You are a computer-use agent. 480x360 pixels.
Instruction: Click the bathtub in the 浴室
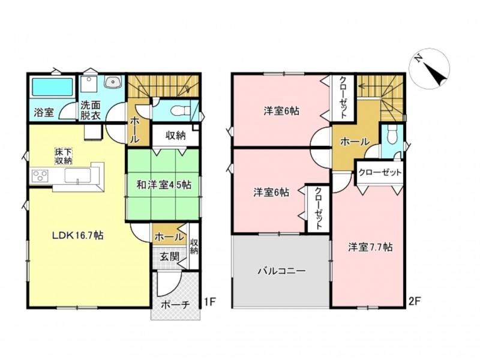pos(52,87)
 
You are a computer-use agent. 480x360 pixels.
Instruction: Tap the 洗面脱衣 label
pos(91,110)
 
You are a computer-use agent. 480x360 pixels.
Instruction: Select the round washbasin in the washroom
pos(113,82)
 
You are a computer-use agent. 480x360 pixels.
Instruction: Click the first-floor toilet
pos(178,110)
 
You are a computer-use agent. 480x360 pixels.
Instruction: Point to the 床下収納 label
pos(64,156)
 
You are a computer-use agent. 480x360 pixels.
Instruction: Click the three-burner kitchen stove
pos(40,176)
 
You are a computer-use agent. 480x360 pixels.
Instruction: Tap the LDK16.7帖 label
pos(77,235)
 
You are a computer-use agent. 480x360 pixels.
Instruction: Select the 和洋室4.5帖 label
pos(164,185)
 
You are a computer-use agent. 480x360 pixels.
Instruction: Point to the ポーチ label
pos(175,305)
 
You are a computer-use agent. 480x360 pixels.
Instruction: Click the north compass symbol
pos(430,68)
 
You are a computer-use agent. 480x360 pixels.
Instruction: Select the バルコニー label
pos(281,271)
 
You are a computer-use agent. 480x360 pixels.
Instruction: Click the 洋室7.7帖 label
pos(370,247)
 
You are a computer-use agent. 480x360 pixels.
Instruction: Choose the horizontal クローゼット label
pos(380,172)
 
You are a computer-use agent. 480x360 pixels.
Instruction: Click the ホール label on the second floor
pos(355,142)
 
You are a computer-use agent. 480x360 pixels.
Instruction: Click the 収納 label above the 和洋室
pos(176,136)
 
